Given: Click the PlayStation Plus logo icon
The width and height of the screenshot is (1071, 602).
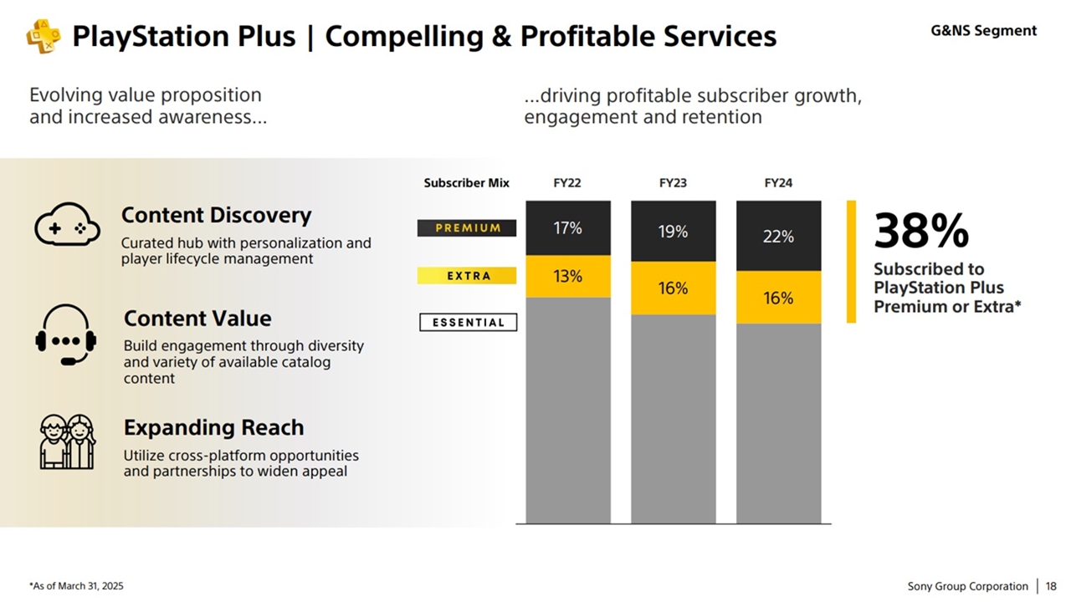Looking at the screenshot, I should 43,37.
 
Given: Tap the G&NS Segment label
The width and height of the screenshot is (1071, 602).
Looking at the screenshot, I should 983,31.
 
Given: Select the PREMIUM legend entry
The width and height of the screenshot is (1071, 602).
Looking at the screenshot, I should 467,228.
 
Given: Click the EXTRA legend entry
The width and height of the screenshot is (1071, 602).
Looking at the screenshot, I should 467,276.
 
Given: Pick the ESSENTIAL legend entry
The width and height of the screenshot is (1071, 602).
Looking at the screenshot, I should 468,323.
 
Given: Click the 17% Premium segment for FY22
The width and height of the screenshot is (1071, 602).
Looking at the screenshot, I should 568,227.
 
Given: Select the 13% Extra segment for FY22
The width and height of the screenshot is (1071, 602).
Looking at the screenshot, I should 568,277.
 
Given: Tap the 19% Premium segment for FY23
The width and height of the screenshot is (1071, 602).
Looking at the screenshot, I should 673,232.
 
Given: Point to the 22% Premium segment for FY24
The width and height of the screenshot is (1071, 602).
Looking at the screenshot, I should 778,236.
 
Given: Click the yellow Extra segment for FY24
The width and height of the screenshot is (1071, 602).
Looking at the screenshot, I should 778,298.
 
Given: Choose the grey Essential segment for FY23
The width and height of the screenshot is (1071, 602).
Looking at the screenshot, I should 673,418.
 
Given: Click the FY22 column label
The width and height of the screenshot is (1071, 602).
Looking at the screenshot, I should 567,183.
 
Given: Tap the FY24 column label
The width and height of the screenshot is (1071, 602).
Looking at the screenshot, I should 778,183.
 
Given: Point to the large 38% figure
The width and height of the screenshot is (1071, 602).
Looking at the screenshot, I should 921,231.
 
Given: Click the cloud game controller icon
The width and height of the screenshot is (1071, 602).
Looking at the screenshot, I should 67,225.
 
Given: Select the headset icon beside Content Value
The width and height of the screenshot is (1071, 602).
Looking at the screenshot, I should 66,334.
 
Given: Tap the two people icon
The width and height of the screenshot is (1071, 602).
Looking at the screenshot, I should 67,441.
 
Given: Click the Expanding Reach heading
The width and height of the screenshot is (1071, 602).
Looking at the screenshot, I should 213,428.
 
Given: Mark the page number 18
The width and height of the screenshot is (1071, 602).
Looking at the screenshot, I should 1051,586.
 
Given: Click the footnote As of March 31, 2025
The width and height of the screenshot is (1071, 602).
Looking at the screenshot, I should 76,587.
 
